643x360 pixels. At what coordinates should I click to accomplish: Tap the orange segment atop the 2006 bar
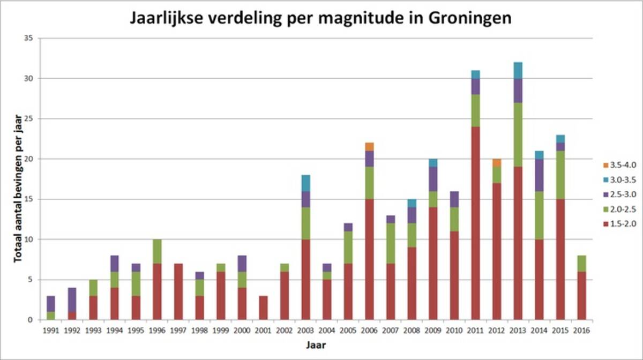pyautogui.click(x=370, y=147)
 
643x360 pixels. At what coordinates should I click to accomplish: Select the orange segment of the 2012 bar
pyautogui.click(x=497, y=163)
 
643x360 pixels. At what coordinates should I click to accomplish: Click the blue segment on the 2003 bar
pyautogui.click(x=306, y=183)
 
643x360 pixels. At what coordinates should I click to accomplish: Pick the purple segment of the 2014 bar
pyautogui.click(x=539, y=175)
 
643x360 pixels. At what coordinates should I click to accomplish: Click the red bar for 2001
pyautogui.click(x=264, y=307)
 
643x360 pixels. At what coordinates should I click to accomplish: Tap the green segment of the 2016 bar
pyautogui.click(x=581, y=264)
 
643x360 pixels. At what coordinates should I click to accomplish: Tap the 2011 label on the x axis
pyautogui.click(x=475, y=331)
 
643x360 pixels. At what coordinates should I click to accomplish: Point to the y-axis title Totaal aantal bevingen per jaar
pyautogui.click(x=18, y=179)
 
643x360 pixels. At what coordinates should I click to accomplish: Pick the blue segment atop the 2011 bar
pyautogui.click(x=475, y=74)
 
